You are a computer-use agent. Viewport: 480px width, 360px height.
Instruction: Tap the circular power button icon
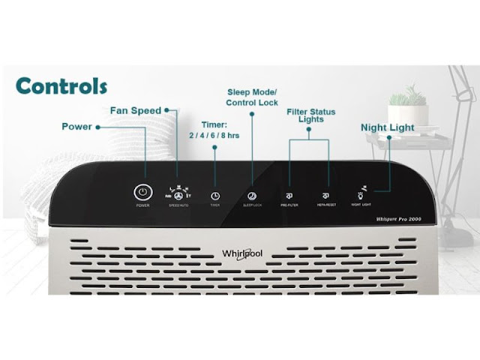[x=142, y=190]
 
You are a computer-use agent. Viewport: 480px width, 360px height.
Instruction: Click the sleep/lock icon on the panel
[x=252, y=193]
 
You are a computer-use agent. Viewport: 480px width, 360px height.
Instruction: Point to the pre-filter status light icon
[x=289, y=193]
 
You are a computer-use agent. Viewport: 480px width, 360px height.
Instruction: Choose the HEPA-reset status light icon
[x=326, y=193]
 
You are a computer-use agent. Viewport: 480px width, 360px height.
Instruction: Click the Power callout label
[x=76, y=127]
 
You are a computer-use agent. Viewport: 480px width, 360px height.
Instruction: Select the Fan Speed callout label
[x=135, y=111]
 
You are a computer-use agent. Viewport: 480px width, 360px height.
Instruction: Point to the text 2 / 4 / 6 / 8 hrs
[x=214, y=136]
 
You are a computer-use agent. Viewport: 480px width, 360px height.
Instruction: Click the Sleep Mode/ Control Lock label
[x=253, y=97]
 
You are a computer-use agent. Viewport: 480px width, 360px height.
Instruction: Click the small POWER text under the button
[x=142, y=205]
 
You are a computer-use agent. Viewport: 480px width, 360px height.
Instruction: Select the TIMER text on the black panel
[x=214, y=204]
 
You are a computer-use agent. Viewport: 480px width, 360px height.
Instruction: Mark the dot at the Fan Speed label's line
[x=166, y=110]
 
